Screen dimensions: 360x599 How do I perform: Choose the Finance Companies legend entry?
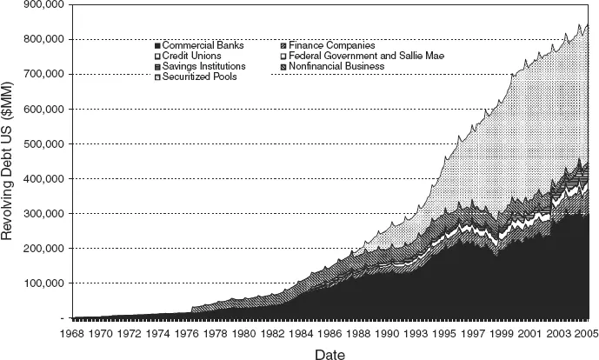coord(331,45)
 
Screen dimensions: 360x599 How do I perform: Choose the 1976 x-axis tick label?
coord(188,334)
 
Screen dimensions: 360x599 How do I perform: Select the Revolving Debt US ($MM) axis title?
coord(10,161)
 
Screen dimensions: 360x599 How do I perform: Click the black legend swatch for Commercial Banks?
coord(156,45)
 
